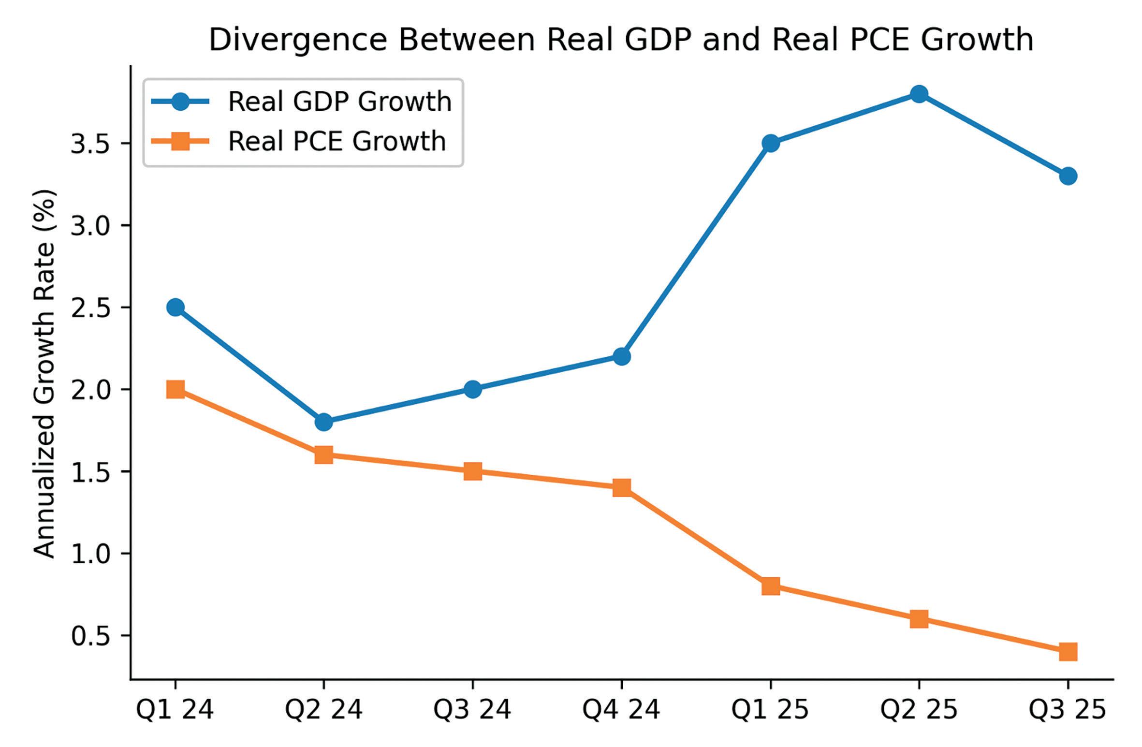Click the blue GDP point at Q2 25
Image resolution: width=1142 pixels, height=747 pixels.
click(x=919, y=94)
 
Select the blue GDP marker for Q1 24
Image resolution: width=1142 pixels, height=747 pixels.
click(x=175, y=307)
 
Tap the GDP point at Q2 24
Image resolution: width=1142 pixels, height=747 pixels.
click(x=323, y=422)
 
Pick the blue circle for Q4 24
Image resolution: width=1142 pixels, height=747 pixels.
click(x=621, y=357)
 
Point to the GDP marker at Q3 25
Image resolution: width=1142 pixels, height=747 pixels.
click(x=1068, y=176)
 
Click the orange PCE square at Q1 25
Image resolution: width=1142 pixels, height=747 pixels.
click(x=770, y=586)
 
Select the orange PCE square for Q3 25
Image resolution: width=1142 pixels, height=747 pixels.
click(x=1068, y=651)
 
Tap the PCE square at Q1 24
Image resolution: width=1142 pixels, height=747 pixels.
click(x=175, y=389)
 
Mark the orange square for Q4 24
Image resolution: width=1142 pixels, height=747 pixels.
click(x=621, y=487)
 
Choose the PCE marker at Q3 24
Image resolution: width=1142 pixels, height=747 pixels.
click(x=472, y=471)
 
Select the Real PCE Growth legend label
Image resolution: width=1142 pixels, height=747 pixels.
click(x=337, y=141)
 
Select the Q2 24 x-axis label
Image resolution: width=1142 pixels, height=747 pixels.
click(x=323, y=710)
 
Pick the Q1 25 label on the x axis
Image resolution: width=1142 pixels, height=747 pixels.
click(x=770, y=710)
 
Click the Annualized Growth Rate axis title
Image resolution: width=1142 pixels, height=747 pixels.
click(x=44, y=373)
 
